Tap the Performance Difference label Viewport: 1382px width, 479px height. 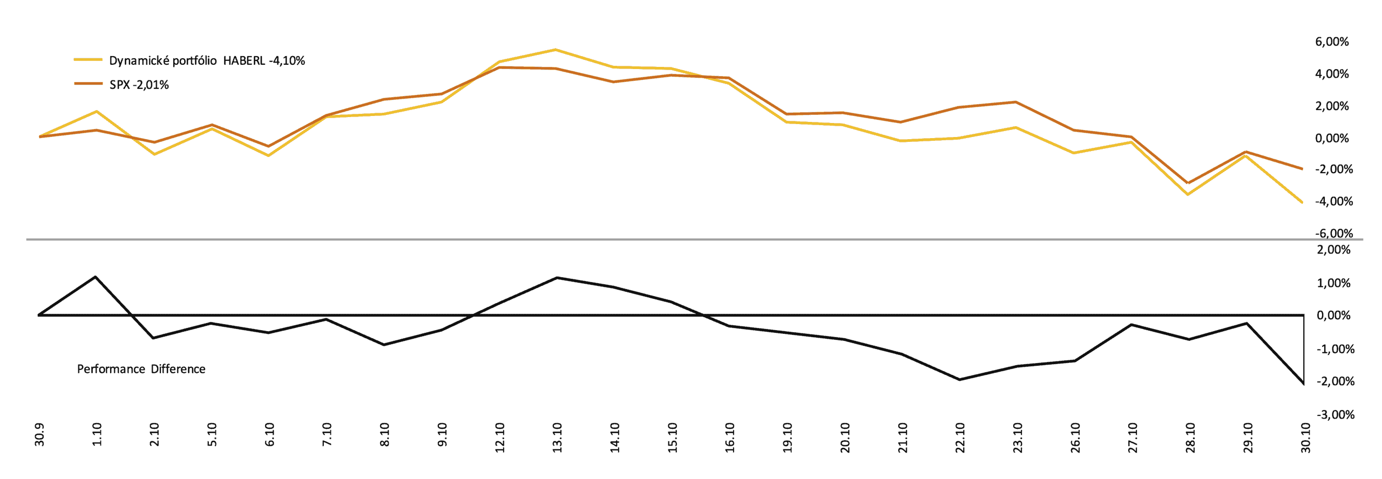click(x=141, y=369)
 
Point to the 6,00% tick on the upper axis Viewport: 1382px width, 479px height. click(x=1332, y=42)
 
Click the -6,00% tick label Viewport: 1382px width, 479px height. click(x=1333, y=234)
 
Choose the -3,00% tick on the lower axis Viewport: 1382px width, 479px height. click(x=1335, y=415)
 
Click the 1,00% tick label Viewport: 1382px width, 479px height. click(x=1333, y=283)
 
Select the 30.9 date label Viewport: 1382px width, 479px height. click(x=39, y=435)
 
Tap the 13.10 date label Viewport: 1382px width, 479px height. click(x=558, y=437)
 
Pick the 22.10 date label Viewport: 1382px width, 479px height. click(x=960, y=437)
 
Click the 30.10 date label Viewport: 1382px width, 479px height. click(x=1305, y=437)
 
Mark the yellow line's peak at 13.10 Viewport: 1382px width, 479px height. click(x=556, y=50)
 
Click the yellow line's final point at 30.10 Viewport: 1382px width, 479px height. click(x=1302, y=202)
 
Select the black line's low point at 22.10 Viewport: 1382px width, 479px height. click(x=959, y=380)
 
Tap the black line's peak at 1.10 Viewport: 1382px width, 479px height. click(x=96, y=277)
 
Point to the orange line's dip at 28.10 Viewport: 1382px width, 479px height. click(x=1188, y=183)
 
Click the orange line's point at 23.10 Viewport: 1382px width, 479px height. click(x=1016, y=102)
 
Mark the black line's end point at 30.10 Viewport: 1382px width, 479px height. click(x=1303, y=384)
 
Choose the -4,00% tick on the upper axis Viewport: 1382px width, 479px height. click(x=1333, y=202)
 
